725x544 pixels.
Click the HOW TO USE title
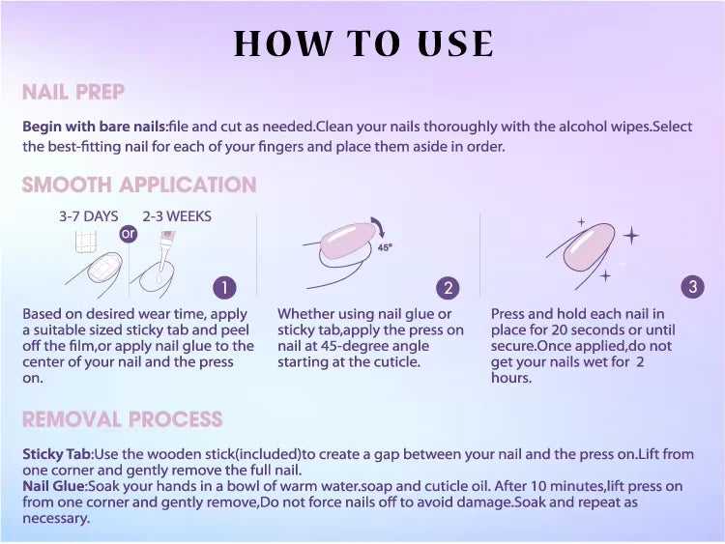363,43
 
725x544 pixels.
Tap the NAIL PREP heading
73,92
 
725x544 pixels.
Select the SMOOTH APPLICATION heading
139,185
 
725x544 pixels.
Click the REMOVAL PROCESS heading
123,419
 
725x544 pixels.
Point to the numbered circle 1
224,288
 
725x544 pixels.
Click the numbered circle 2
448,288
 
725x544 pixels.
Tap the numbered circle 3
693,287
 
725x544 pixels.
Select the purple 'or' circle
129,234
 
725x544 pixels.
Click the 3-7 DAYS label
89,216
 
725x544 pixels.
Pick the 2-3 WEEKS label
177,216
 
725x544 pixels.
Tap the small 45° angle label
385,247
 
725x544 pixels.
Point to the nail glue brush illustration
165,253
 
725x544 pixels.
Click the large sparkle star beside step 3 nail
631,236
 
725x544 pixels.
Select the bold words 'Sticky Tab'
56,454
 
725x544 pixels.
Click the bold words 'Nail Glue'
53,486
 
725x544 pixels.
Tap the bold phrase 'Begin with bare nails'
95,127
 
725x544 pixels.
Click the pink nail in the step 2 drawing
349,240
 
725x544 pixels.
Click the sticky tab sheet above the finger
85,242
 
